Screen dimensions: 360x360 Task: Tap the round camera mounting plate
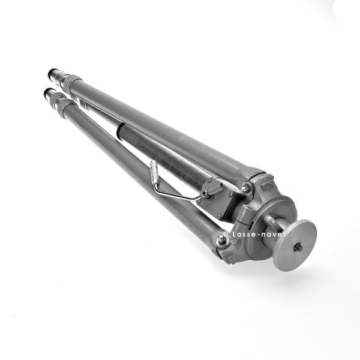tap(295, 245)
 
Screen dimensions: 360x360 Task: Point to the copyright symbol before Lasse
tap(226, 234)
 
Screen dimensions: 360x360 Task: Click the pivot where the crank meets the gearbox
tap(204, 193)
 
